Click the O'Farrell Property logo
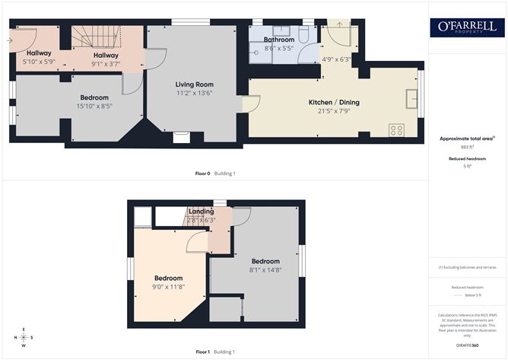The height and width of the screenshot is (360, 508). click(467, 27)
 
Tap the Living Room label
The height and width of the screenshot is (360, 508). click(195, 84)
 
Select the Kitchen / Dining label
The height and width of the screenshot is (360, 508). click(334, 102)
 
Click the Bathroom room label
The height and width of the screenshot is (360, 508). click(278, 39)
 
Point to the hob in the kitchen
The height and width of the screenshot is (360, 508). click(396, 129)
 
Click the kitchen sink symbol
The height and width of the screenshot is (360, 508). click(411, 98)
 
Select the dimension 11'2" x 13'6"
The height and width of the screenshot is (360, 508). click(195, 94)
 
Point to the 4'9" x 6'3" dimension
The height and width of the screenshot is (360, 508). click(335, 59)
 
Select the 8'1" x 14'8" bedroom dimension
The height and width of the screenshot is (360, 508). click(265, 269)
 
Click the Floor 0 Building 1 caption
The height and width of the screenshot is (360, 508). click(215, 174)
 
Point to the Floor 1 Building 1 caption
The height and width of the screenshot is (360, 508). click(215, 352)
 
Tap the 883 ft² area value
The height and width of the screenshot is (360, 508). click(467, 146)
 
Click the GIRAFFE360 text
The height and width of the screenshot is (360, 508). click(467, 345)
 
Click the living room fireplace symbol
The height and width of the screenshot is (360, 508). click(182, 137)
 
